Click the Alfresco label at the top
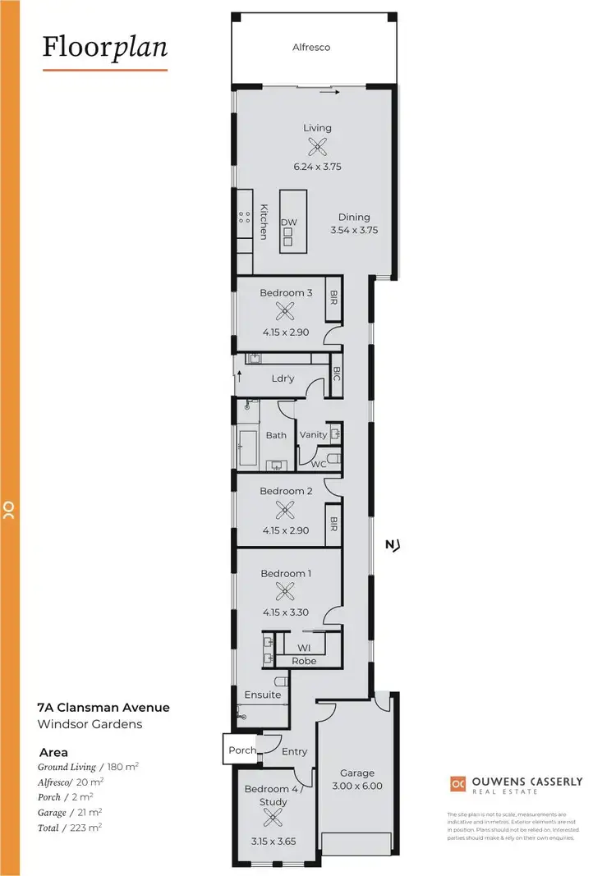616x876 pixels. click(311, 48)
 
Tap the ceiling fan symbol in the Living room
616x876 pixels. click(317, 147)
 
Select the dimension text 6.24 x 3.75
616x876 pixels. click(317, 167)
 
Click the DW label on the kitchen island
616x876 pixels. click(288, 222)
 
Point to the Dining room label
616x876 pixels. click(354, 218)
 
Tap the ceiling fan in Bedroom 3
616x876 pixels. click(285, 311)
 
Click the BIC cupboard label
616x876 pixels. click(336, 374)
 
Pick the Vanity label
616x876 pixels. click(314, 435)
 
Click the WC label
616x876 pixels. click(318, 464)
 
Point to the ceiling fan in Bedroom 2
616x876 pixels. click(285, 510)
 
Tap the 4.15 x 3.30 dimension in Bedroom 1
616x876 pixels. click(285, 612)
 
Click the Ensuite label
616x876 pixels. click(263, 695)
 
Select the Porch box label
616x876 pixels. click(241, 750)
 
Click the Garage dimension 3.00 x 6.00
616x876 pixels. click(357, 786)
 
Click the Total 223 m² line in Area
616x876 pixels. click(70, 828)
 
